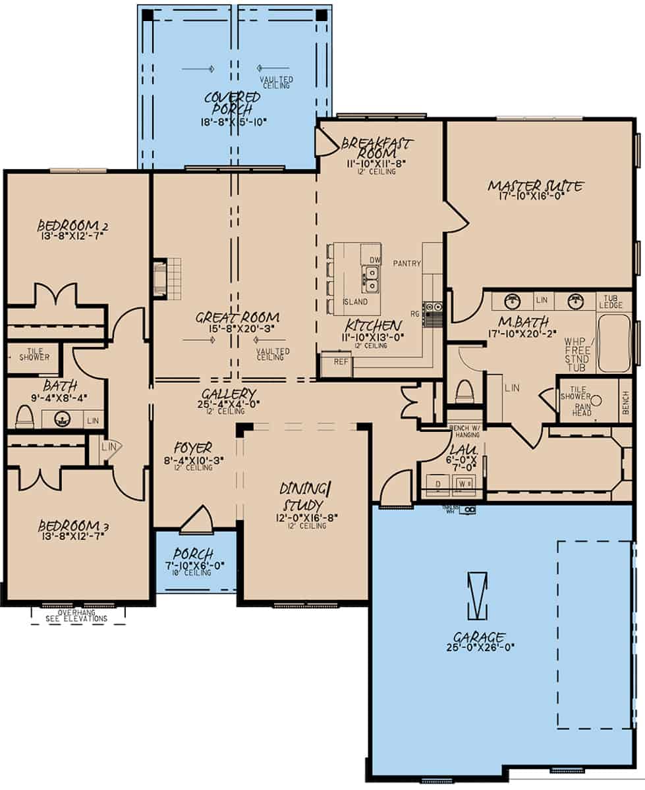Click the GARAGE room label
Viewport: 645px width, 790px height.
click(479, 637)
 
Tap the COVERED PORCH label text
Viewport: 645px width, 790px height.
click(232, 103)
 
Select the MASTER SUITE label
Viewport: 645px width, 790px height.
click(535, 186)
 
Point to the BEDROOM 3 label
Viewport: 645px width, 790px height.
click(72, 526)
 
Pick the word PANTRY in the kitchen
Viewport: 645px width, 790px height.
click(407, 263)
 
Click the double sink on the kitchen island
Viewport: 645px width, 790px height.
click(371, 280)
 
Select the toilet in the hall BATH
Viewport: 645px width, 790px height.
click(24, 417)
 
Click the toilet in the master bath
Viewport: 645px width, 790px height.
click(464, 392)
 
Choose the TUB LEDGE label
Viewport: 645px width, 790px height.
click(609, 302)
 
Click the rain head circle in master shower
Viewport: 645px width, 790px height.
click(597, 400)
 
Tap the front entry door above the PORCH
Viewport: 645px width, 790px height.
click(196, 520)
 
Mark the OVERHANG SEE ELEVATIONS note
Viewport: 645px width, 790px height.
click(78, 616)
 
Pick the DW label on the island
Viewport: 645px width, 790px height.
click(374, 260)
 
